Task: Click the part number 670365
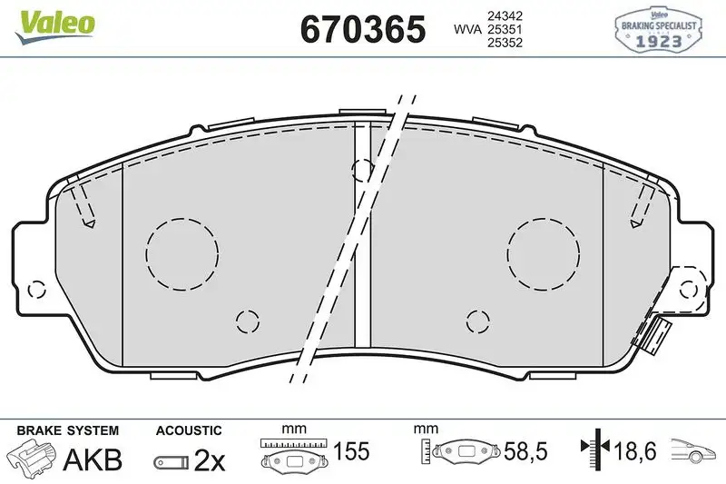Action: (362, 29)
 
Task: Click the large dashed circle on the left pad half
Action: (182, 253)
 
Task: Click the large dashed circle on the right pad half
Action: (544, 253)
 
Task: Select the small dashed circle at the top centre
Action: (362, 168)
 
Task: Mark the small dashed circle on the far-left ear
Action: (36, 290)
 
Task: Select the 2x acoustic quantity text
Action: (210, 460)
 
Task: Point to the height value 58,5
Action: (525, 450)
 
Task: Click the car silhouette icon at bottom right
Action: (695, 450)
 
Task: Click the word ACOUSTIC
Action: (189, 430)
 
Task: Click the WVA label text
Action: (466, 29)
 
